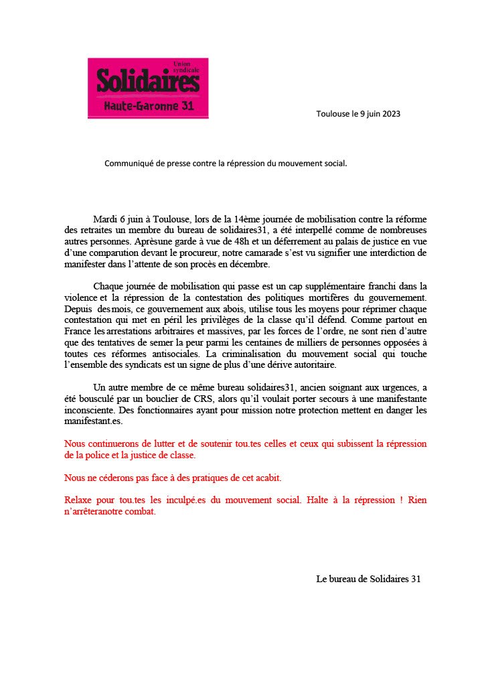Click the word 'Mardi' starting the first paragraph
pos(106,219)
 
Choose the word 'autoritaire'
pos(317,365)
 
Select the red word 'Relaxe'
pos(78,500)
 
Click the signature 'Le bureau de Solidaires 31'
pos(368,579)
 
